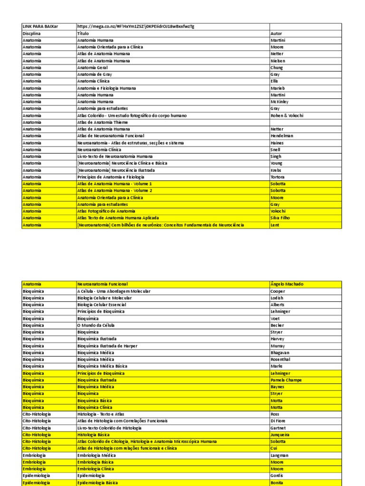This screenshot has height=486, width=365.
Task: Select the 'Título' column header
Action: coord(83,34)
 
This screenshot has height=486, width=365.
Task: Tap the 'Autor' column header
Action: coord(276,34)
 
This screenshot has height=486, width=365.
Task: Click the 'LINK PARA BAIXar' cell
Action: coord(40,27)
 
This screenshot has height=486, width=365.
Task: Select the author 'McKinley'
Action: coord(279,102)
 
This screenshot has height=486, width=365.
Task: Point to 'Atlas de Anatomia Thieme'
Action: coord(103,122)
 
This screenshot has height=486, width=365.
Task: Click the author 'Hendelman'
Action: coord(282,136)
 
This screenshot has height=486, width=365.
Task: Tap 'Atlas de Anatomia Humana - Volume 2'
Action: coord(115,191)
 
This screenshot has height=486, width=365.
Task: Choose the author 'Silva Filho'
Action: coord(280,218)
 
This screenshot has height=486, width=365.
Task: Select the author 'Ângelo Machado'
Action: coord(287,284)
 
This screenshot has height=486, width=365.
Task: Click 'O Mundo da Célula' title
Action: coord(96,326)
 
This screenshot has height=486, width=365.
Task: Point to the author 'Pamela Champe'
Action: coord(286,380)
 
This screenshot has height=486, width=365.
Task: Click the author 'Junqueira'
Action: coord(280,435)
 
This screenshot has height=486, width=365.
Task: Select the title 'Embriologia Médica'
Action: coord(96,455)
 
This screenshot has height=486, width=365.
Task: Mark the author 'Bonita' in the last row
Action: coord(277,483)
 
